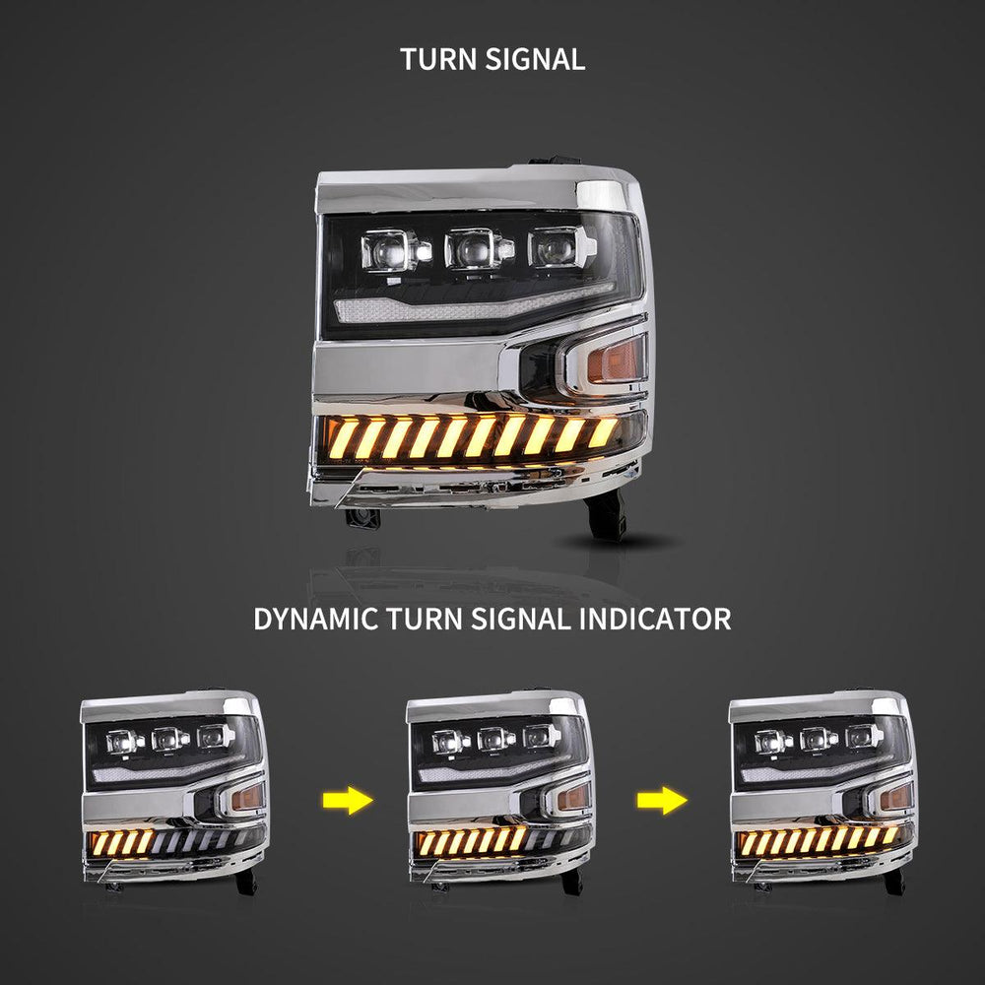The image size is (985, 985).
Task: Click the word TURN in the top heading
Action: click(x=439, y=60)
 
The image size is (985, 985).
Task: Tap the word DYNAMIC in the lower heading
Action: click(x=316, y=620)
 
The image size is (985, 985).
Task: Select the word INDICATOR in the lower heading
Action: click(x=655, y=620)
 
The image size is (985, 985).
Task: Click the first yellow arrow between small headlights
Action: click(x=348, y=801)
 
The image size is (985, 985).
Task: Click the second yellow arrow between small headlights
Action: click(x=662, y=801)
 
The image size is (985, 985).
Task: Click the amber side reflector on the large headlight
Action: click(x=617, y=359)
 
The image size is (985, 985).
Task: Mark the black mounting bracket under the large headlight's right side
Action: click(x=606, y=515)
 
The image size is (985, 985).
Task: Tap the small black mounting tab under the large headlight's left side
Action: click(x=362, y=518)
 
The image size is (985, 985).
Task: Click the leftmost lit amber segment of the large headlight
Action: click(x=343, y=438)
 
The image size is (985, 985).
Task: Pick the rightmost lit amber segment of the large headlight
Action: click(x=603, y=431)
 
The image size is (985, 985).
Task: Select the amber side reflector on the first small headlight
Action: click(x=247, y=797)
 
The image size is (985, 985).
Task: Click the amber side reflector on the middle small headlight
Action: click(x=573, y=797)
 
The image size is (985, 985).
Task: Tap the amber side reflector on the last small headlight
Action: click(x=895, y=797)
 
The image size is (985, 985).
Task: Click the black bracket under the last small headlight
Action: click(x=894, y=882)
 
